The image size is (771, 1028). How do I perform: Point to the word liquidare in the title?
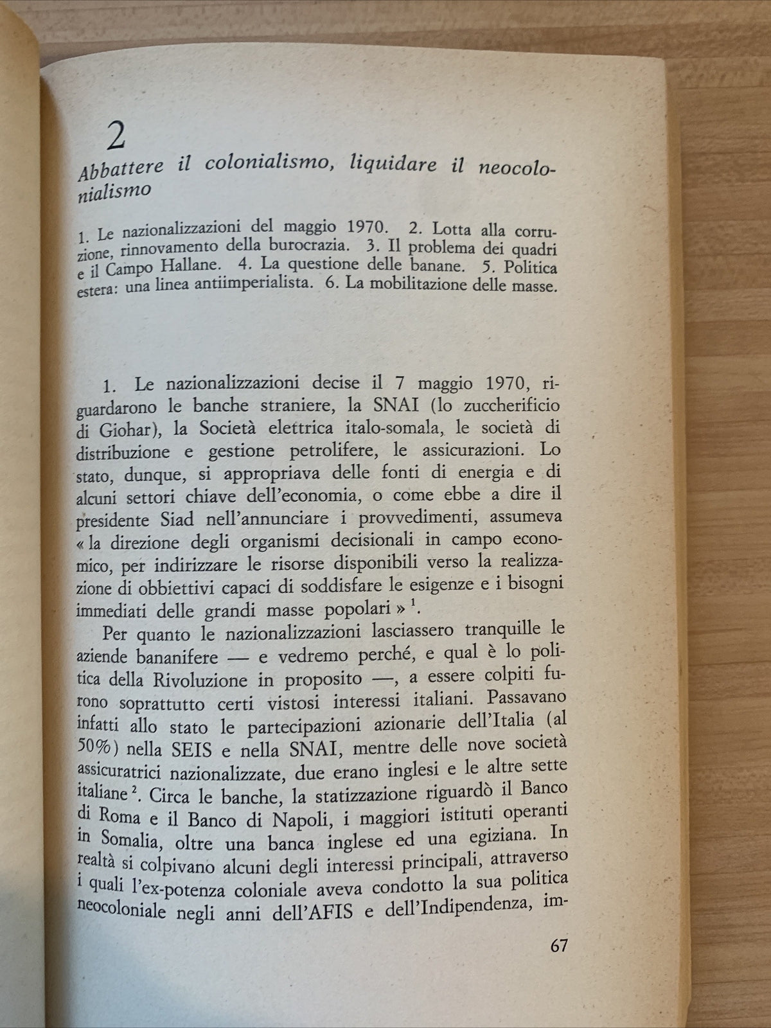click(x=382, y=166)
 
